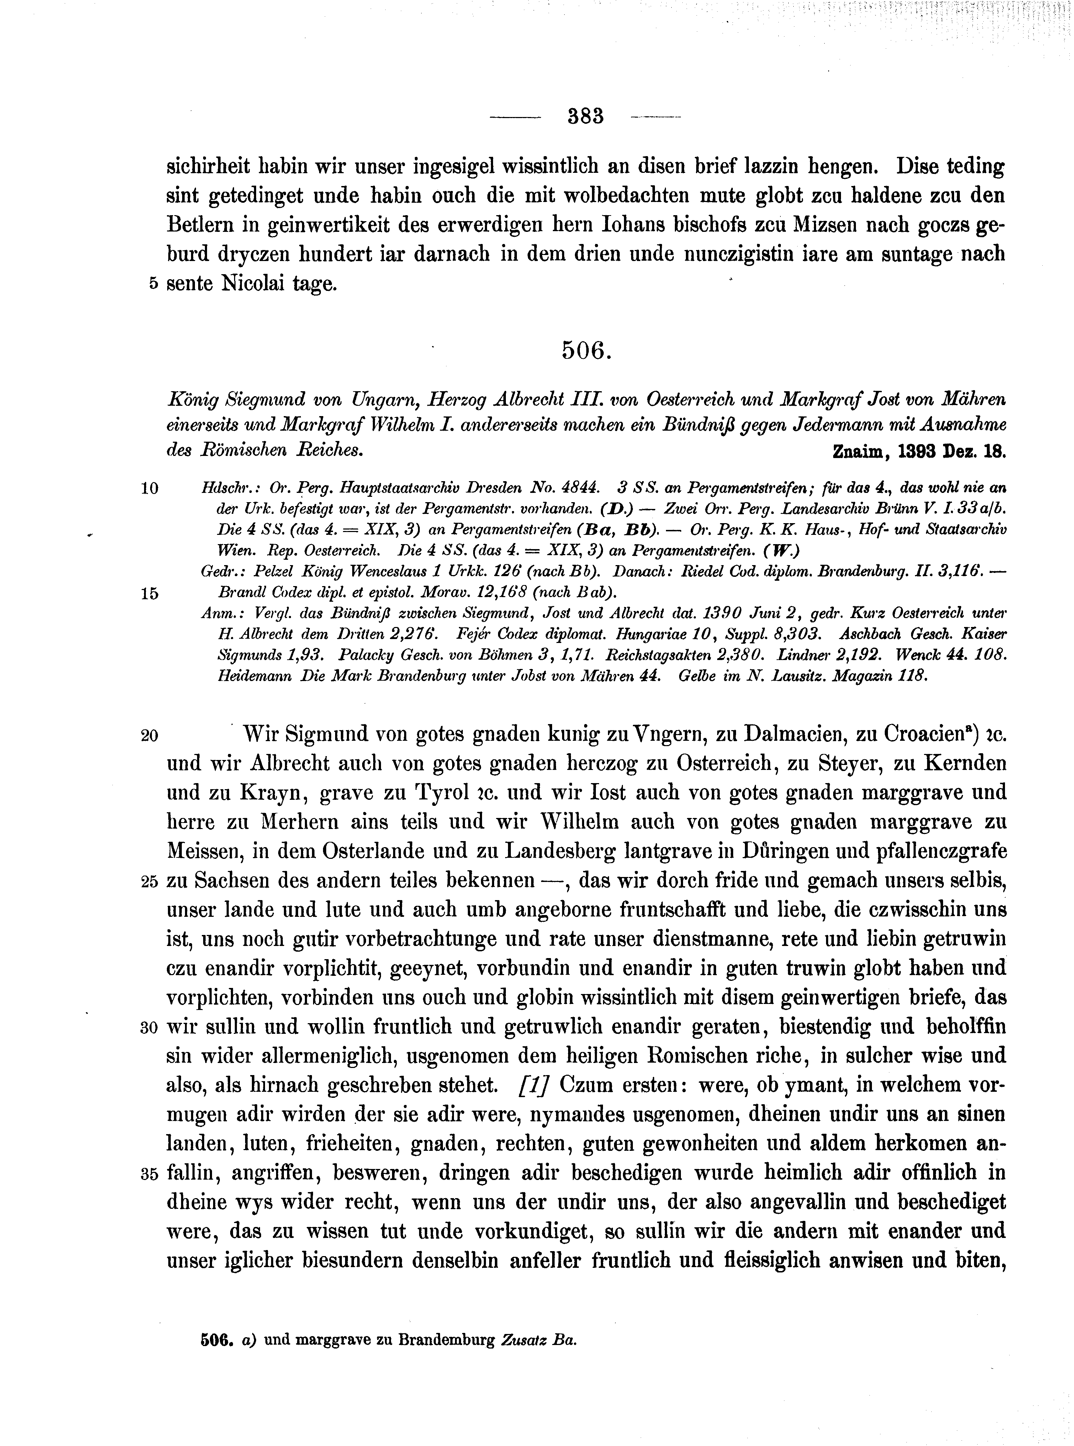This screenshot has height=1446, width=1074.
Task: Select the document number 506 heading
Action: coord(585,352)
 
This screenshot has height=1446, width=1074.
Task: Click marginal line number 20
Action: coord(149,736)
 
